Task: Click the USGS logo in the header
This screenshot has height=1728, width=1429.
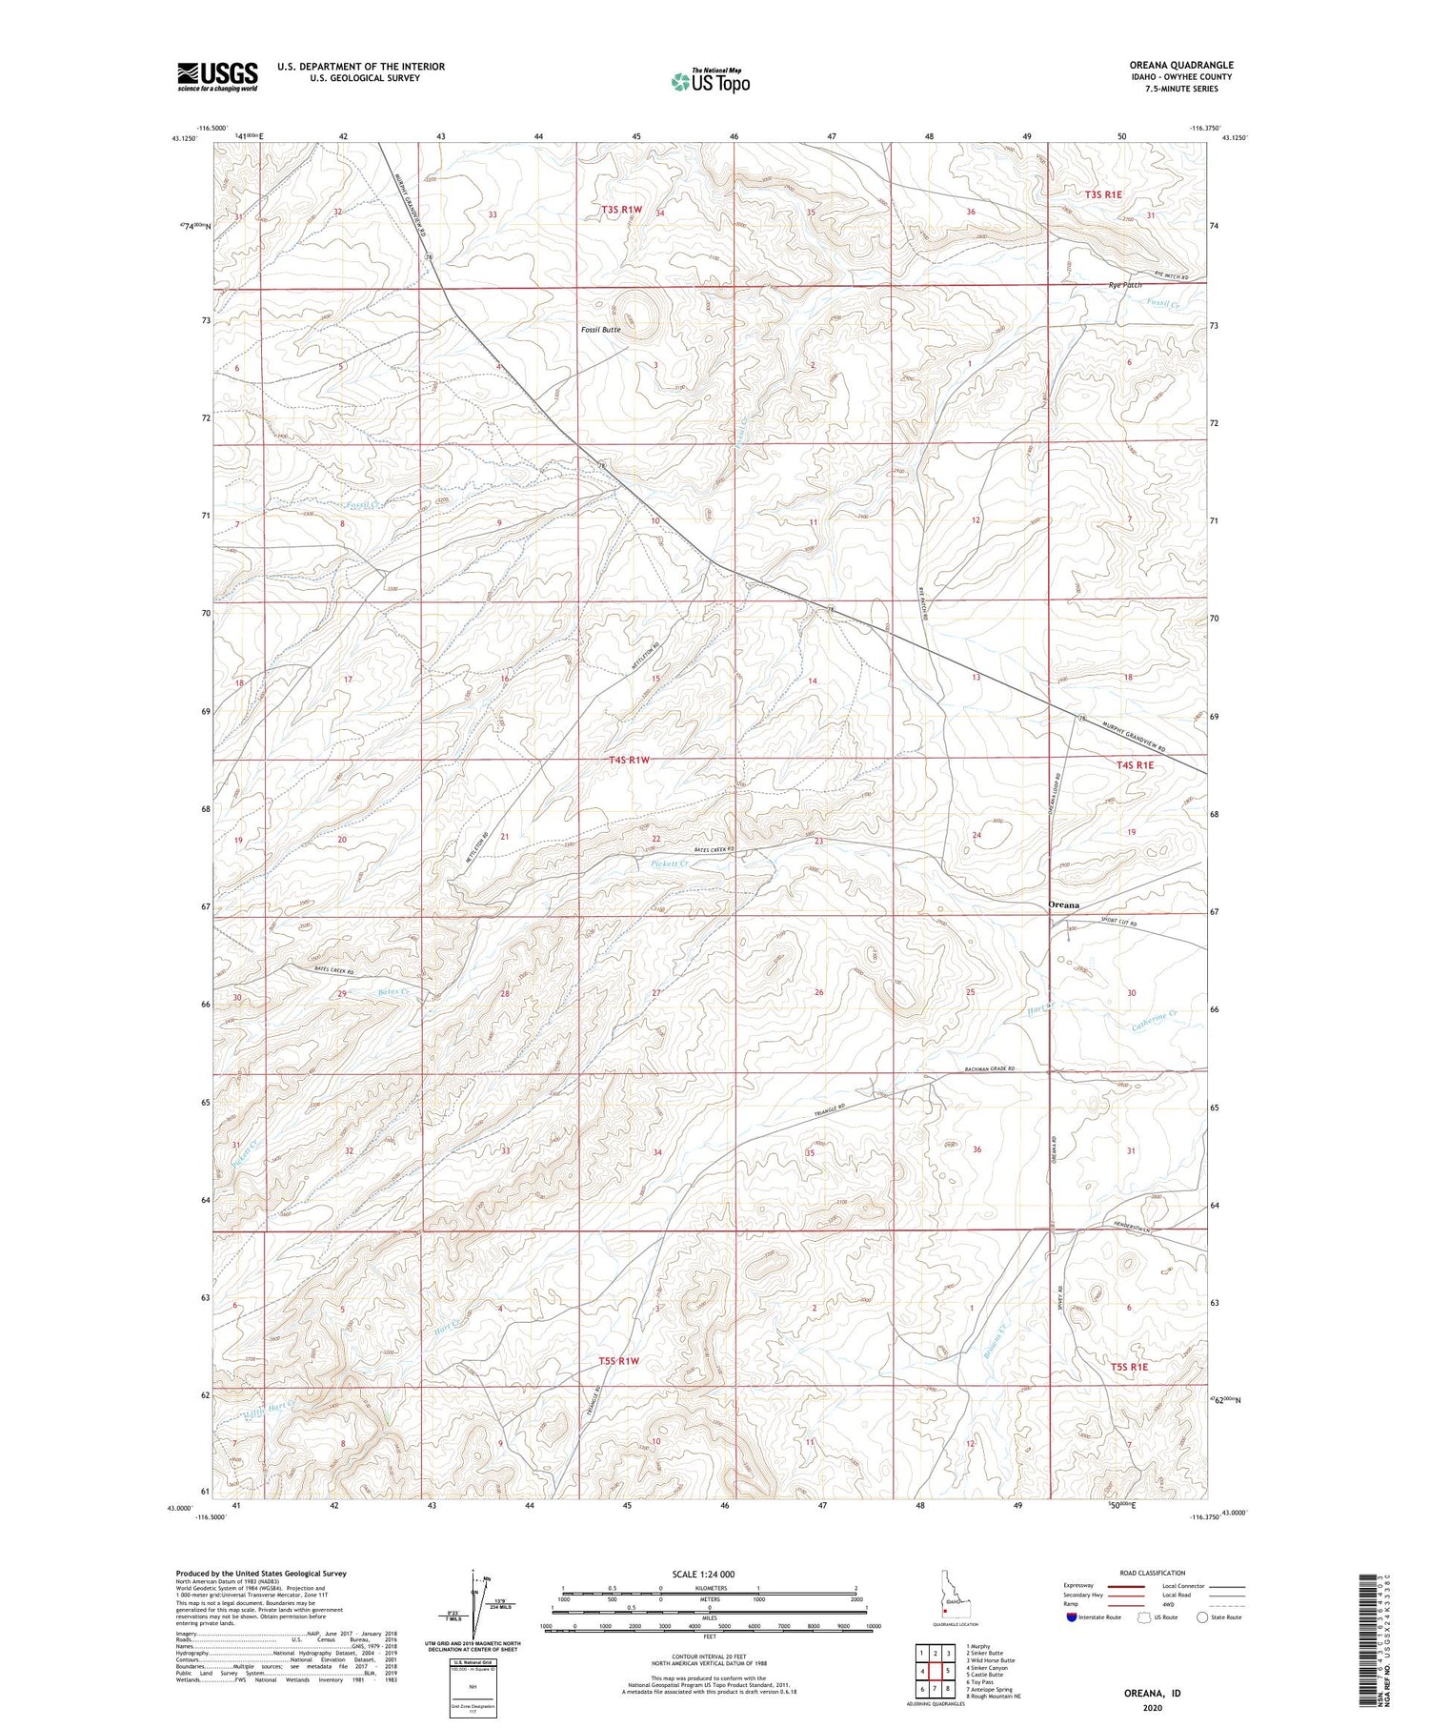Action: point(217,76)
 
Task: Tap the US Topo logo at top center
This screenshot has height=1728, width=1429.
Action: point(710,81)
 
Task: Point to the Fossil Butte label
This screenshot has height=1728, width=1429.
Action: point(601,330)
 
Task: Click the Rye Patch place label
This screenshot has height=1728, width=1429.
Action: point(1125,285)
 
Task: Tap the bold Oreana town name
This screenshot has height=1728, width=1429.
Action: point(1064,905)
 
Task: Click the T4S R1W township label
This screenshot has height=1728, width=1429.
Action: point(629,760)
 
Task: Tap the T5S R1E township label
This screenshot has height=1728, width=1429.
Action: point(1130,1367)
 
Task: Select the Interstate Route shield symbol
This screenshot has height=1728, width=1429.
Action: point(1073,1617)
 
